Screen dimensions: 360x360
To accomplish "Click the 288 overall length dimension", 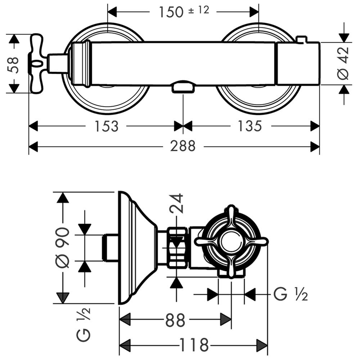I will (183, 146).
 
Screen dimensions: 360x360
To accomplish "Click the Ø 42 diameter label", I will (344, 63).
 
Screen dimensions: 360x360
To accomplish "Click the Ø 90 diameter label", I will (63, 248).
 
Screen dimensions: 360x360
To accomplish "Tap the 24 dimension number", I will (176, 203).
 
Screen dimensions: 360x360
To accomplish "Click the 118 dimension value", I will (194, 345).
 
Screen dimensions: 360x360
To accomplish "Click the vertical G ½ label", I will (84, 324).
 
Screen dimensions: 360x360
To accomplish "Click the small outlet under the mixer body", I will (184, 87).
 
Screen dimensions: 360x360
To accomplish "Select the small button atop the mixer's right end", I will (301, 39).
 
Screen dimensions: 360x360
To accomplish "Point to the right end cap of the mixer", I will (298, 64).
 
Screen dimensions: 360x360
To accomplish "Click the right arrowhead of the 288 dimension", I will (315, 147).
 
